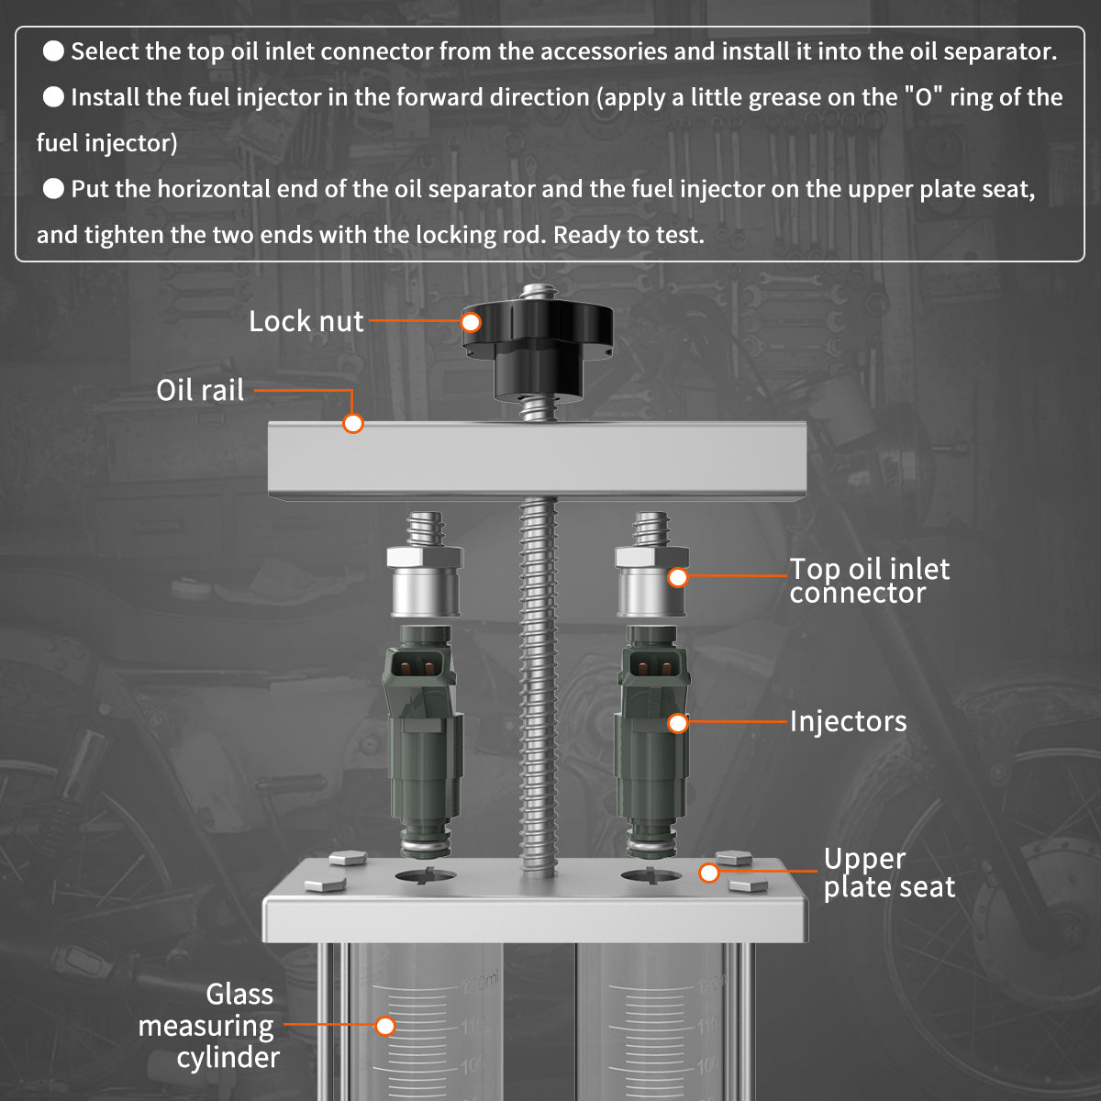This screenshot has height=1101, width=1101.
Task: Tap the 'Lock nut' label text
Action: (306, 321)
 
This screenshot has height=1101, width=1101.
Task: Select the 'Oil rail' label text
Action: (200, 390)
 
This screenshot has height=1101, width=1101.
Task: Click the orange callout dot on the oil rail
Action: (353, 423)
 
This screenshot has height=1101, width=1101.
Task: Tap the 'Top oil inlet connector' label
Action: (868, 581)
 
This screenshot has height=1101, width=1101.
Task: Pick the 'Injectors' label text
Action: (848, 722)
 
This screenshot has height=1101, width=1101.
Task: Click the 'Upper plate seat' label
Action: (888, 873)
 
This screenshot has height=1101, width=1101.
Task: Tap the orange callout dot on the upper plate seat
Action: (708, 873)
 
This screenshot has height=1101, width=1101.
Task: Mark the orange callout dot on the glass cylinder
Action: (385, 1026)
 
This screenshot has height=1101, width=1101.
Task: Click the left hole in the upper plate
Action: (425, 876)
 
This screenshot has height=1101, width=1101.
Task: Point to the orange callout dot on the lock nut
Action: (471, 322)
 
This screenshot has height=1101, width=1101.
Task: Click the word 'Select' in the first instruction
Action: (104, 51)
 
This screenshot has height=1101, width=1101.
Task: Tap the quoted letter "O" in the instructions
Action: (923, 97)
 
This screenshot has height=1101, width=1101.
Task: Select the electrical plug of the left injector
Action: (418, 665)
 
